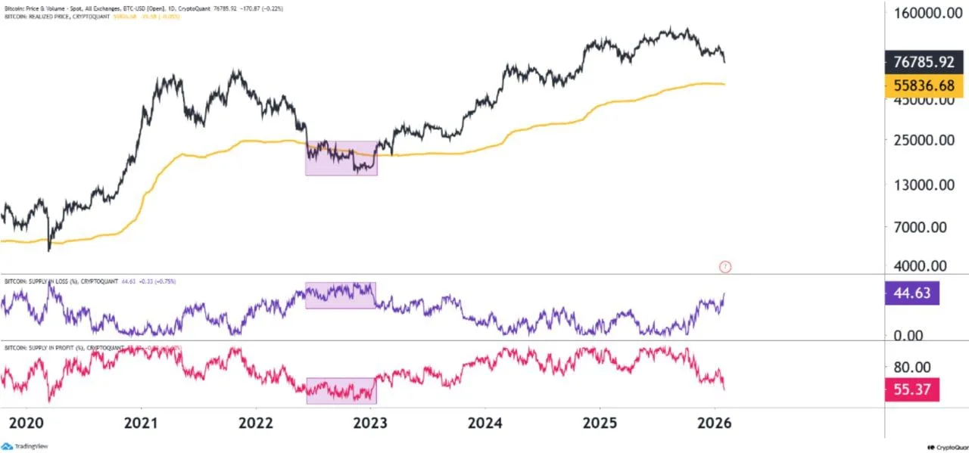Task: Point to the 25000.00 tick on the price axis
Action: (924, 141)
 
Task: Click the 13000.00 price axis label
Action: (924, 185)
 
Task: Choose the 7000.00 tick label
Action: (927, 227)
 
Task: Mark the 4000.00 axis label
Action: (927, 266)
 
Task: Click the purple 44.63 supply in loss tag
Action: (911, 293)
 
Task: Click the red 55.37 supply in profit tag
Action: (911, 389)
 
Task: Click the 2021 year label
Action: (141, 421)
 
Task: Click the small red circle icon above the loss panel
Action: (725, 266)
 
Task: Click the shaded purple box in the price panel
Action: (341, 158)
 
